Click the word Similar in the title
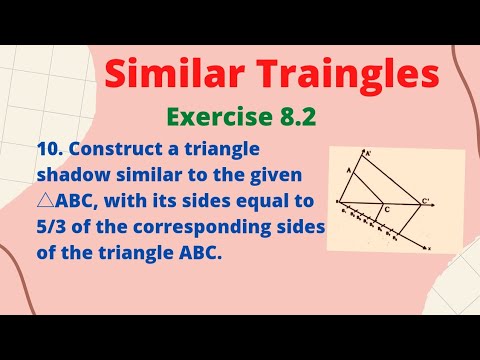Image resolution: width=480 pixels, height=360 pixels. point(166,75)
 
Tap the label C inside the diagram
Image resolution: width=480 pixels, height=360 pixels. point(388,211)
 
